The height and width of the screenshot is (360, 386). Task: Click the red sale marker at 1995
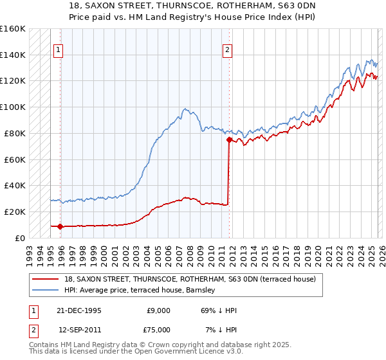pos(60,226)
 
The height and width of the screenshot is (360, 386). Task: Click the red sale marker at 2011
pos(228,139)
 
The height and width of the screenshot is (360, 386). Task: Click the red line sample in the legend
pos(47,280)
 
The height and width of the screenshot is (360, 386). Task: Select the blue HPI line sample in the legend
pos(47,290)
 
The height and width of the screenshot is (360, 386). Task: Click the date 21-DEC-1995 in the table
pos(79,310)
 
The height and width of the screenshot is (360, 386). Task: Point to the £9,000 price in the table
pos(158,310)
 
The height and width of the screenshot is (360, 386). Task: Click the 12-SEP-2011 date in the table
pos(79,329)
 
